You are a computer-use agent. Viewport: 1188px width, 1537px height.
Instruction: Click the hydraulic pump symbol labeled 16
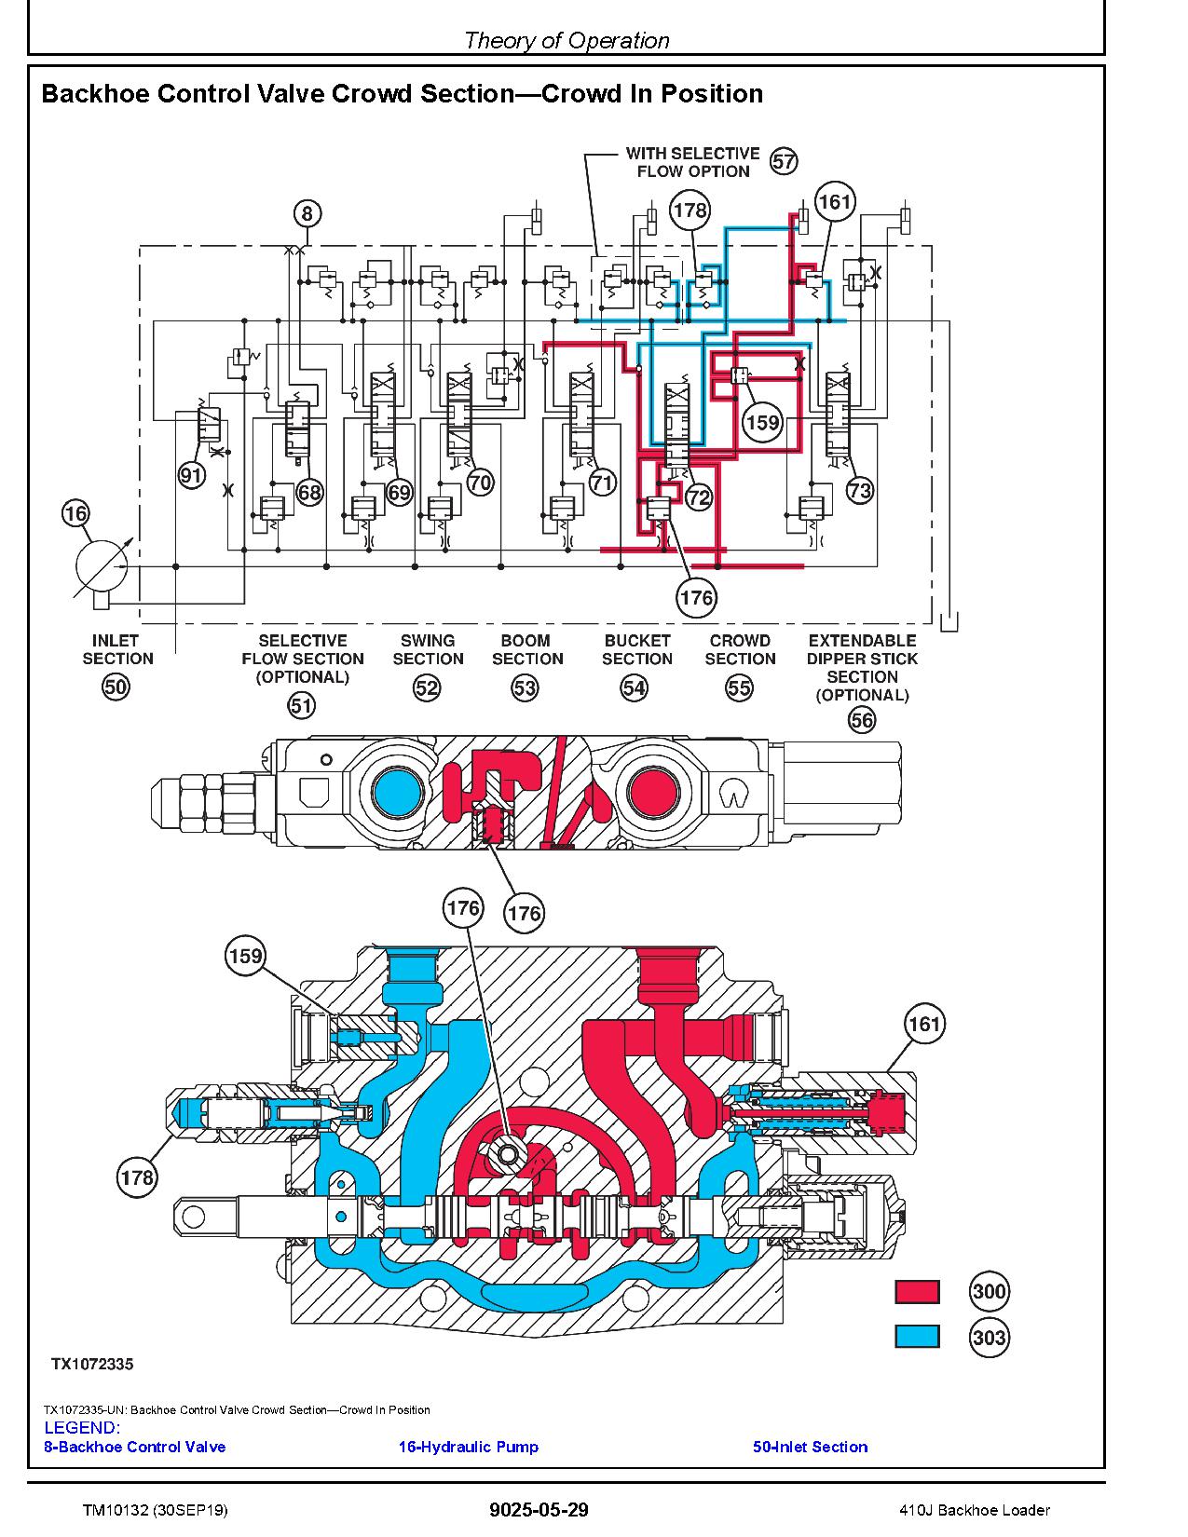pos(100,565)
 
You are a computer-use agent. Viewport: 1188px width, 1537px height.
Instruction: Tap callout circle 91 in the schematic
pos(191,476)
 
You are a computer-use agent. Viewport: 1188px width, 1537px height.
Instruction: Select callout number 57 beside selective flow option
pos(785,161)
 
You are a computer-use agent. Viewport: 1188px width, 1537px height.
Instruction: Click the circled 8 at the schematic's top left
pos(307,213)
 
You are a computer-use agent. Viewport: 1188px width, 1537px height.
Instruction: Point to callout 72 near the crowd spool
pos(698,497)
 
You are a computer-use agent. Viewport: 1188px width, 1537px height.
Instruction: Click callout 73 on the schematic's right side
pos(859,490)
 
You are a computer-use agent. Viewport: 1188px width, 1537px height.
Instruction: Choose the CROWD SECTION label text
pos(740,649)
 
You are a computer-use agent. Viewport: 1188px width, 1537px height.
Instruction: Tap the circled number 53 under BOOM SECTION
pos(526,688)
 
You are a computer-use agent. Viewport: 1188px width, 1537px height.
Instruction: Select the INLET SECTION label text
pos(116,649)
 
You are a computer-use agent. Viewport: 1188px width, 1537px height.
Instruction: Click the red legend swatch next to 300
pos(917,1291)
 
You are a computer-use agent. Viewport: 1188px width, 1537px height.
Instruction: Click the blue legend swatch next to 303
pos(917,1337)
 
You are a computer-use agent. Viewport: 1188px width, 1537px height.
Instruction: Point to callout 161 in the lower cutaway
pos(924,1025)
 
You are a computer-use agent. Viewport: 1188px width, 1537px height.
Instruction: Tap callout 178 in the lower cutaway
pos(137,1177)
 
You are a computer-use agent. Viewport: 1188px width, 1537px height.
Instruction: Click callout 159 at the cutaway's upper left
pos(245,956)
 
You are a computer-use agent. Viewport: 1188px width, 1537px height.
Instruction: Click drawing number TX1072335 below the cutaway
pos(92,1364)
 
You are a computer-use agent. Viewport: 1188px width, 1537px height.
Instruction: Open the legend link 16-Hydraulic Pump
pos(468,1447)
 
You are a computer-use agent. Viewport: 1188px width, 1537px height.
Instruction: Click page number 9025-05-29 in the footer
pos(539,1510)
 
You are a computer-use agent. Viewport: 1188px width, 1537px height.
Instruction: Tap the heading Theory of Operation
pos(567,40)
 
